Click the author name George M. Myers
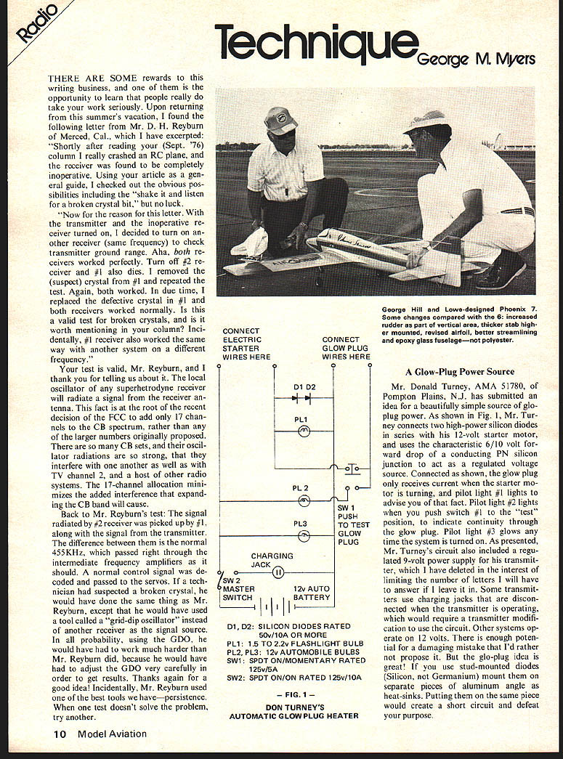click(477, 59)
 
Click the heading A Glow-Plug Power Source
click(459, 372)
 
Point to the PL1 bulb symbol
click(305, 430)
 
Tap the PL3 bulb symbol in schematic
click(305, 535)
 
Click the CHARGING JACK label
click(272, 561)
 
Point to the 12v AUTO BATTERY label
click(311, 593)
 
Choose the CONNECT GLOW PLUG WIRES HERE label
click(346, 348)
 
